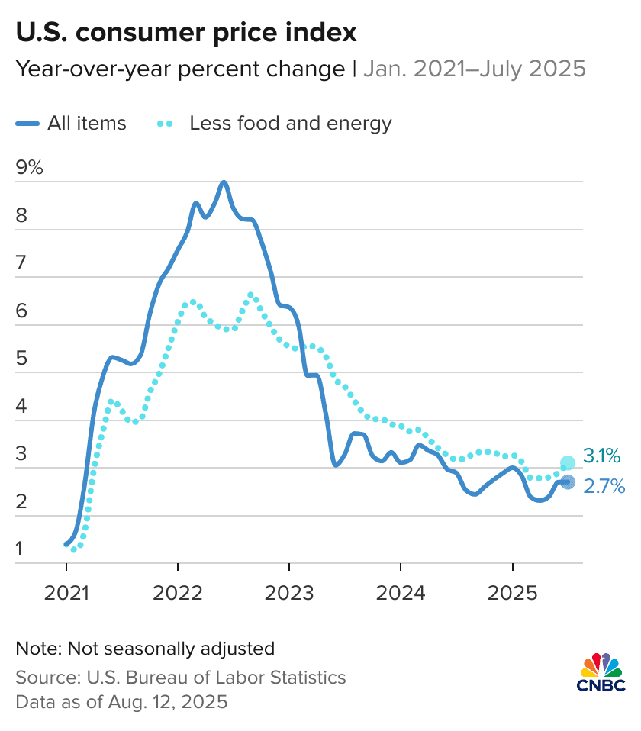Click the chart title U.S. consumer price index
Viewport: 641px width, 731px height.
point(186,33)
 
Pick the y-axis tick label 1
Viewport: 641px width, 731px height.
point(21,549)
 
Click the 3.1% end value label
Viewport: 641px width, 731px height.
point(603,456)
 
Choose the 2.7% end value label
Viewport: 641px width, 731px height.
point(604,485)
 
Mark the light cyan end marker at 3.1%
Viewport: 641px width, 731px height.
point(568,462)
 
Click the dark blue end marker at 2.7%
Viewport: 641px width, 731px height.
point(568,481)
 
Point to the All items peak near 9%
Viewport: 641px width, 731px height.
point(224,182)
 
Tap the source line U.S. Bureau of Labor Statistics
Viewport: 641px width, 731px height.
point(181,677)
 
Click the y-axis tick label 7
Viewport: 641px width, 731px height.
point(21,263)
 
